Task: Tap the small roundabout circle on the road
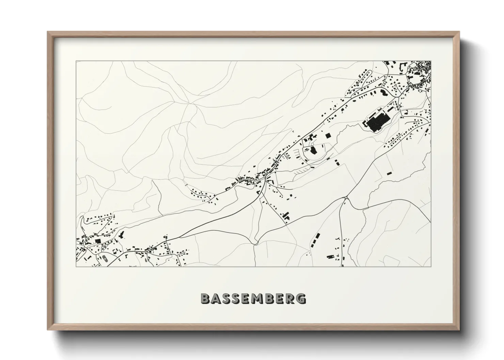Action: pos(346,197)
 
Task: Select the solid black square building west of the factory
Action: pos(328,135)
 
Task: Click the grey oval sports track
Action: pos(104,258)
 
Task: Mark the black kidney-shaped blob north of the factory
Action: pos(382,92)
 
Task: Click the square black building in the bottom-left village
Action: pos(98,241)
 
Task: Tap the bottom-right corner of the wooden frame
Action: pos(459,329)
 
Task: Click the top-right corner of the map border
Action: pos(431,61)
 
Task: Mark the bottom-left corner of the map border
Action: pos(76,266)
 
